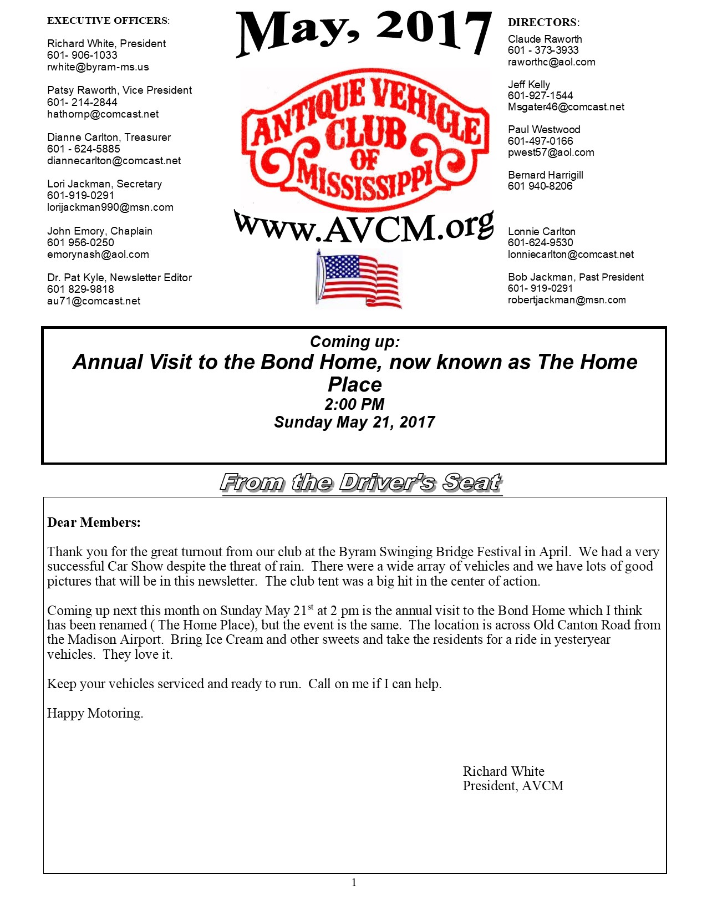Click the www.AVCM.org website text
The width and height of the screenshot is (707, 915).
coord(364,227)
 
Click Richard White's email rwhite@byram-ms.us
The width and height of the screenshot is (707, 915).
coord(98,67)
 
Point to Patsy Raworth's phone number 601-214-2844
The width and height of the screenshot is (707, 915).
coord(82,102)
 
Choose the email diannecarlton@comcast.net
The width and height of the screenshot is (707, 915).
coord(114,161)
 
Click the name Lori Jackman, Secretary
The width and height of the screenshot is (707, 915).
coord(104,184)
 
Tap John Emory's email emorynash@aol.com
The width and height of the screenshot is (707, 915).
coord(98,255)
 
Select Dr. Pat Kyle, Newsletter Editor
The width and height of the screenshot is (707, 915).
coord(119,278)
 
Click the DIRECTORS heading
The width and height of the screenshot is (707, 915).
coord(543,23)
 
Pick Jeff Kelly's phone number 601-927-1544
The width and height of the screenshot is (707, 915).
coord(540,95)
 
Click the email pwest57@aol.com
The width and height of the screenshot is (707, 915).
coord(551,152)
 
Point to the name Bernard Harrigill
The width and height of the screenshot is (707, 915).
coord(545,175)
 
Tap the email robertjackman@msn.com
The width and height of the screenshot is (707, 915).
coord(566,300)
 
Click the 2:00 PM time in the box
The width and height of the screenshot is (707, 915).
coord(354,404)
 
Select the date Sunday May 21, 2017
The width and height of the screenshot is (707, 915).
coord(354,423)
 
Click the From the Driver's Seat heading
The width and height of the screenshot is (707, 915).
coord(362,482)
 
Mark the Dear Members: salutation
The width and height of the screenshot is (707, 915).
coord(94,522)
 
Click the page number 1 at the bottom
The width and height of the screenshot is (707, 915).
coord(354,883)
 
